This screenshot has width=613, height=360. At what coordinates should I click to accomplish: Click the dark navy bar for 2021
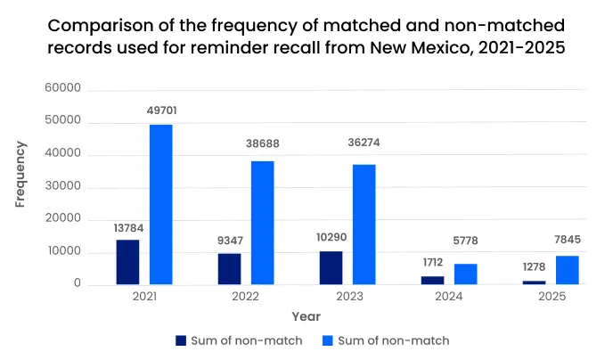click(x=127, y=262)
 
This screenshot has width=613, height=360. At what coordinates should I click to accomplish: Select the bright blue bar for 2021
click(x=160, y=204)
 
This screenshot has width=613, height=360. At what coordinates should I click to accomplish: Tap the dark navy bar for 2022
click(x=229, y=268)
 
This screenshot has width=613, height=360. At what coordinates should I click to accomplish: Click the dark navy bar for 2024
click(x=432, y=280)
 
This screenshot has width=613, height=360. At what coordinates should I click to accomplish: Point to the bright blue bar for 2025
click(x=568, y=270)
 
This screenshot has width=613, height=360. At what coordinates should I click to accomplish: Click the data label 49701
click(x=161, y=110)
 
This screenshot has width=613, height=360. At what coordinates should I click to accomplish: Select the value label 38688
click(x=262, y=143)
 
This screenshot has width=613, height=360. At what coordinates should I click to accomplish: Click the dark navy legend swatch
click(x=182, y=340)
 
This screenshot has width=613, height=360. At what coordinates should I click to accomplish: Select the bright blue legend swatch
click(x=328, y=340)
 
